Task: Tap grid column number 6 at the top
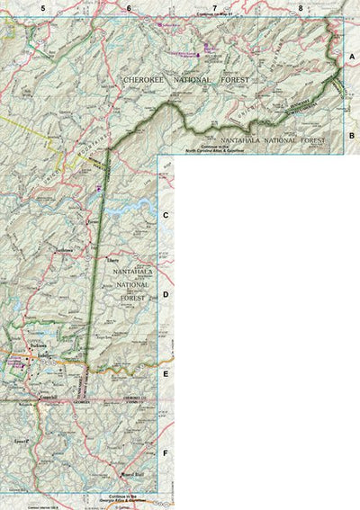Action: pyautogui.click(x=129, y=8)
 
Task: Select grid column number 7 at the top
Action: pyautogui.click(x=214, y=8)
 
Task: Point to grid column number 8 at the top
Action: pyautogui.click(x=301, y=8)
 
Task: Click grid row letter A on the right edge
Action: pyautogui.click(x=352, y=56)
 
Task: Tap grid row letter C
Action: pyautogui.click(x=166, y=216)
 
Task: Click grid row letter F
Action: pyautogui.click(x=166, y=452)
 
